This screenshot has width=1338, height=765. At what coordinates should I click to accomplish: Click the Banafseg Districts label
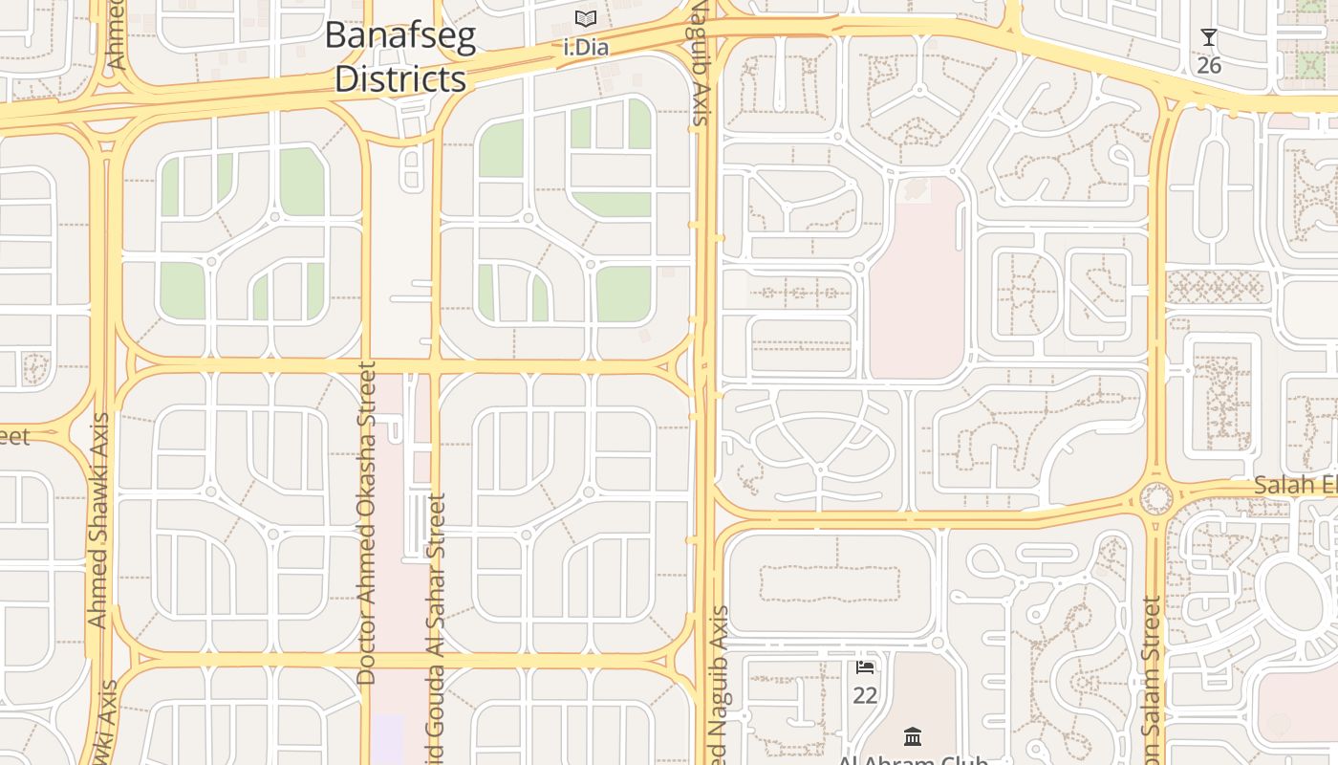click(400, 56)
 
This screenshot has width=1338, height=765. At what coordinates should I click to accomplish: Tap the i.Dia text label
click(586, 47)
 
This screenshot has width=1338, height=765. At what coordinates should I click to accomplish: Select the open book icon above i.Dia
click(586, 18)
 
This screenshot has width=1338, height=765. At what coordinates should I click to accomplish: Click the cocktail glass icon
click(1209, 37)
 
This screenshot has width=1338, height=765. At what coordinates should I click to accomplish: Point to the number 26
click(1209, 65)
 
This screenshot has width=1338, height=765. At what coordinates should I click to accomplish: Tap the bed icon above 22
click(865, 667)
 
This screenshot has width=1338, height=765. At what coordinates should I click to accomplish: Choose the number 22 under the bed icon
click(865, 695)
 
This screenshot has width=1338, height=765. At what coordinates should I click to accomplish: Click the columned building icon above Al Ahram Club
click(913, 737)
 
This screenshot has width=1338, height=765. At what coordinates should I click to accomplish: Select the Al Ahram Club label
click(913, 759)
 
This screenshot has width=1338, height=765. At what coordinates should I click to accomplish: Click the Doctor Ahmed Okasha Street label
click(366, 523)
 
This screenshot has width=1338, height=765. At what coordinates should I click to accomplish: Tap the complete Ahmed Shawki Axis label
click(97, 521)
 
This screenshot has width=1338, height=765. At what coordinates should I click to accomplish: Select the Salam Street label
click(1151, 679)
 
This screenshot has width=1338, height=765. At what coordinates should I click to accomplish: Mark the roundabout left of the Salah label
click(1156, 498)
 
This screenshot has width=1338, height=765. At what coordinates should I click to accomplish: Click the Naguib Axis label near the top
click(700, 63)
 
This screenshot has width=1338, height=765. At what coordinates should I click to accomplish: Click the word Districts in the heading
click(400, 78)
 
